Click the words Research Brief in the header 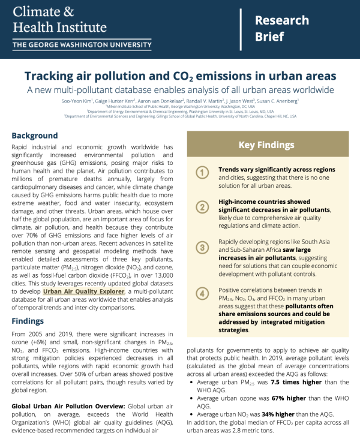281,28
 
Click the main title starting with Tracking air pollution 179,77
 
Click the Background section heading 35,136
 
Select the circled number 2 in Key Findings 204,207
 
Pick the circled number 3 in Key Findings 204,246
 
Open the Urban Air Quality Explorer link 85,291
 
